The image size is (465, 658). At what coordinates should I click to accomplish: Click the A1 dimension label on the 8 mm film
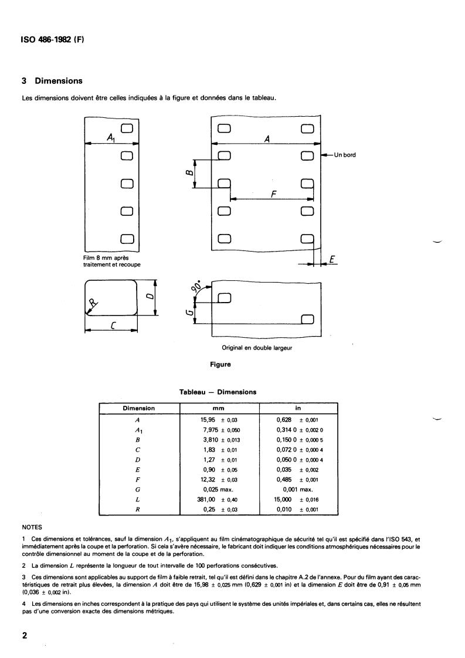[x=111, y=137]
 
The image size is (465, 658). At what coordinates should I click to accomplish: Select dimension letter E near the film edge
[x=331, y=259]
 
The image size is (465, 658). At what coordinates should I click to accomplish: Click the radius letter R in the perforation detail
[x=92, y=304]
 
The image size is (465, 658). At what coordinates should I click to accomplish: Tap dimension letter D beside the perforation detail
[x=150, y=296]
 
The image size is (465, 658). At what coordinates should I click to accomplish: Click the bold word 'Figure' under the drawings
[x=220, y=364]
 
